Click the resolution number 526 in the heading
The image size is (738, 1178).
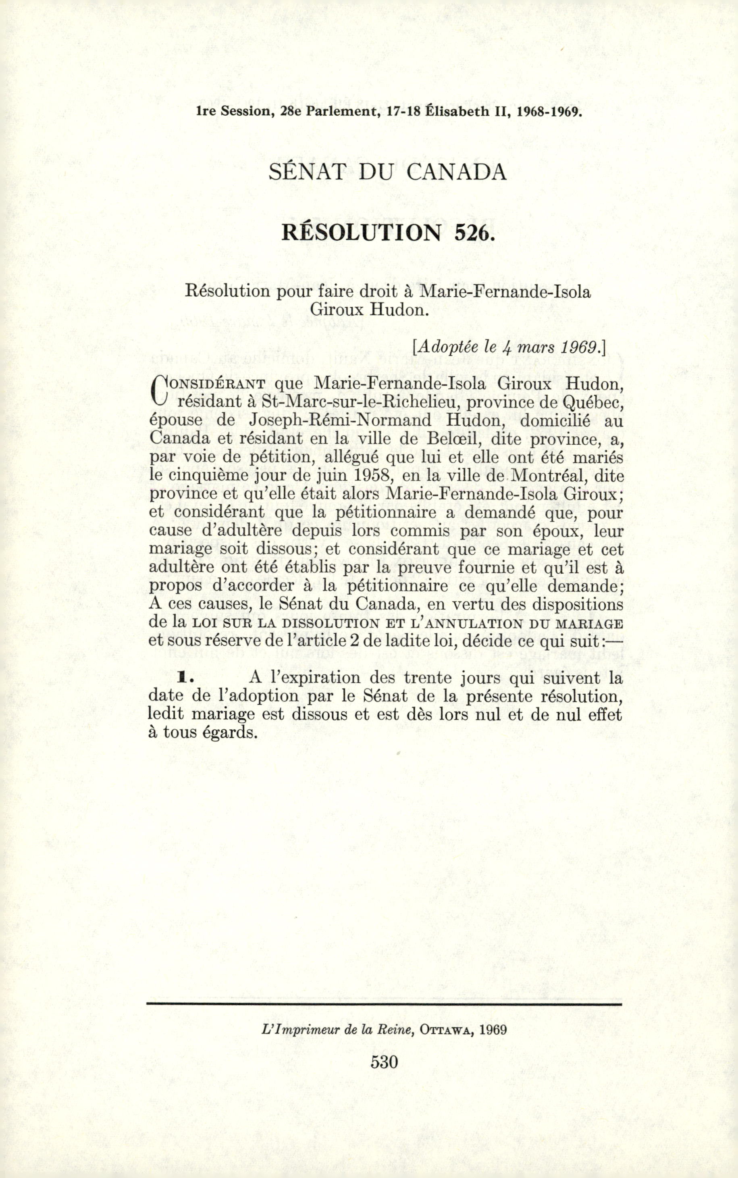472,233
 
